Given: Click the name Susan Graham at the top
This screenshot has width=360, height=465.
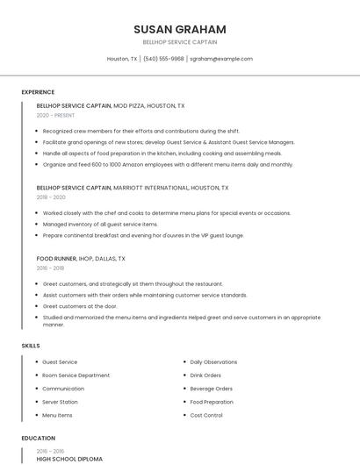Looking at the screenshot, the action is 180,29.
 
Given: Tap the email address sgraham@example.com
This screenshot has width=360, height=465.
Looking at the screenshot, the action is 221,59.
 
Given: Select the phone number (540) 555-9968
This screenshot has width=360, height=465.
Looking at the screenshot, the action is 163,59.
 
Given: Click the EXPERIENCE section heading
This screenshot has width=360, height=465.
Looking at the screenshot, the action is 38,92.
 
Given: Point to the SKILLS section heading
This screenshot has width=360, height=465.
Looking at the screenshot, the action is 31,346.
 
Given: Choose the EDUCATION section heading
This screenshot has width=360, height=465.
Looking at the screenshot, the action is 38,438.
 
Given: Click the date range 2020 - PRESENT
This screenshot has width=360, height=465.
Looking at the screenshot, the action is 55,115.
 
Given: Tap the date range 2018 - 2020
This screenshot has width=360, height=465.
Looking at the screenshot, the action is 51,197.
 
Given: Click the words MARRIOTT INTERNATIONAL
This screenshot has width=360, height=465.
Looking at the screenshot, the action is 150,188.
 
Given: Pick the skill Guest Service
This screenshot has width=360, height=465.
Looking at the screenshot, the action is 60,361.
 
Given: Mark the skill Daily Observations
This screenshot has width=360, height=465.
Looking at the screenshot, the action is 213,361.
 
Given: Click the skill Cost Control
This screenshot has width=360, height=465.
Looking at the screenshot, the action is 206,415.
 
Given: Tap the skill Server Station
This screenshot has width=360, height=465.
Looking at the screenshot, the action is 60,402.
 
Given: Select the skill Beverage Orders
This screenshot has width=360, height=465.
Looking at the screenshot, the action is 211,389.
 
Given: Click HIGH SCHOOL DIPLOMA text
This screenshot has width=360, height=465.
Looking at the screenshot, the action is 69,458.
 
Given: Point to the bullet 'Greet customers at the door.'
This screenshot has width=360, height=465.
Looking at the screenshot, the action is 80,306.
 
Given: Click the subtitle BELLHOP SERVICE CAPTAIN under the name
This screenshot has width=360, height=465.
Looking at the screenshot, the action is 180,42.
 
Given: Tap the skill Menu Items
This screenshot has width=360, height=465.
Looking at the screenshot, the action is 57,415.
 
